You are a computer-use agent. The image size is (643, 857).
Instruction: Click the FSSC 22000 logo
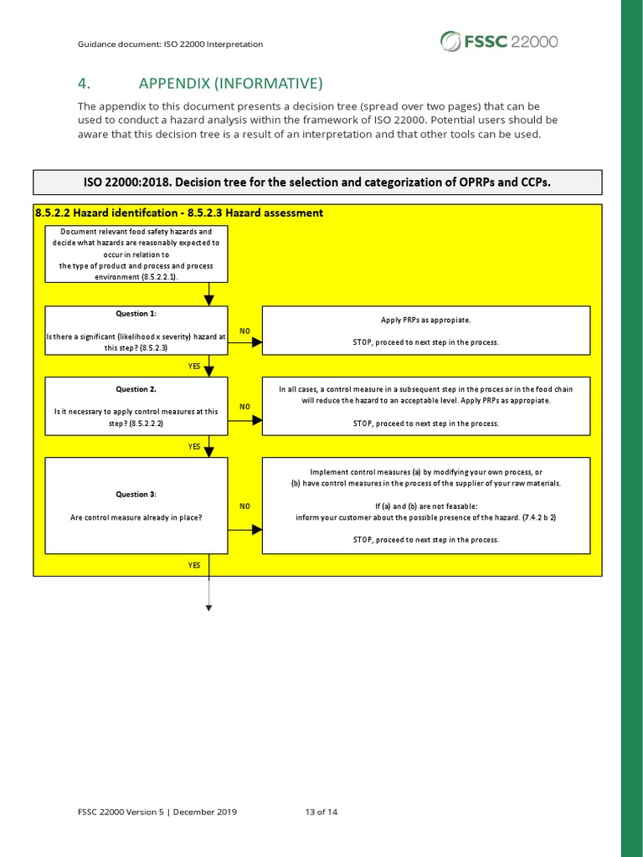tap(499, 41)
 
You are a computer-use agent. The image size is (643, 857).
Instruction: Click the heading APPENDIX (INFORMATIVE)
tap(230, 83)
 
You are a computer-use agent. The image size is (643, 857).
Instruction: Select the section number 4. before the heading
tap(84, 83)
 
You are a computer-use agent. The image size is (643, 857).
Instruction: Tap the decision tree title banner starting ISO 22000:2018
tap(317, 182)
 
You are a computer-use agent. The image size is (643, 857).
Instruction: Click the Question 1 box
tap(136, 331)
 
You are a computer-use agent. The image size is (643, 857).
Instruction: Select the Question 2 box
tap(136, 406)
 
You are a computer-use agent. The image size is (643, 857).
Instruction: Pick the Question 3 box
tap(136, 505)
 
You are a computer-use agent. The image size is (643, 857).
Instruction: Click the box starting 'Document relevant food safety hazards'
tap(136, 254)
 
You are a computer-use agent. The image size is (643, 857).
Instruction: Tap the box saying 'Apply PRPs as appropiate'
tap(425, 331)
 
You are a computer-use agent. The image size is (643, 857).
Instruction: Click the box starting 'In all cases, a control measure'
tap(425, 406)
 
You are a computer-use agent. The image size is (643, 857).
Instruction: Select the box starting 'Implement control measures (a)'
tap(425, 505)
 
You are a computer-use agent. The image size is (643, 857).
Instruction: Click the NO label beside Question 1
tap(244, 331)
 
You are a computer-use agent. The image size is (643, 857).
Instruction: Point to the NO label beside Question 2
tap(244, 407)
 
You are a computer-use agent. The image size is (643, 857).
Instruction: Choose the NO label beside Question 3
tap(244, 506)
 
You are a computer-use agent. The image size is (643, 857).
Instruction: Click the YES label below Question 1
tap(194, 366)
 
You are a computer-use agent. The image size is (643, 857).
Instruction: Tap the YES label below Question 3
tap(194, 566)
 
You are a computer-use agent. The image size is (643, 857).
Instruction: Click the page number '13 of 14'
tap(322, 812)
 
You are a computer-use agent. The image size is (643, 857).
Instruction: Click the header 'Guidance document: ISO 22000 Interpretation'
tap(170, 44)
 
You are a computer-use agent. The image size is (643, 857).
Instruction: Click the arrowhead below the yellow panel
tap(208, 608)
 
